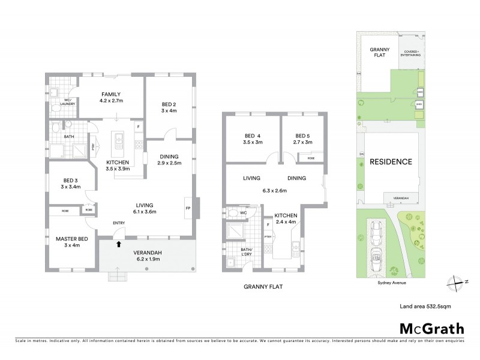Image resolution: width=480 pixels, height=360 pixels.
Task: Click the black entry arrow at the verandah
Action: tap(119, 244)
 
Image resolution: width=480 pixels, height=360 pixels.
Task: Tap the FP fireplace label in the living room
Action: tap(188, 209)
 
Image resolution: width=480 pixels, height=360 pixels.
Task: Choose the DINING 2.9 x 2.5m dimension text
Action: tap(167, 163)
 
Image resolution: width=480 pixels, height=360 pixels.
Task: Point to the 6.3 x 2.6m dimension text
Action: tap(276, 191)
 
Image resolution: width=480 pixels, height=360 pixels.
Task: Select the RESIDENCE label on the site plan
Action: tap(390, 162)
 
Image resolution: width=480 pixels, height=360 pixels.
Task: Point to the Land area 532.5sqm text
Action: tap(425, 306)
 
